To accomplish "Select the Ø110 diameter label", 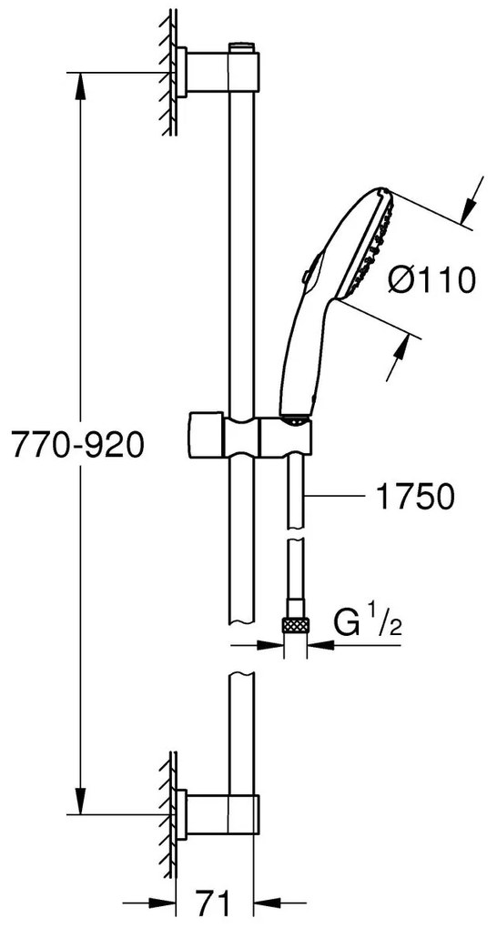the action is (432, 279).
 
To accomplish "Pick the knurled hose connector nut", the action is (296, 624).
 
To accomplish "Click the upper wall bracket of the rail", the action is (217, 72).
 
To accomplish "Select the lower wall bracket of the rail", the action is (217, 814).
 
